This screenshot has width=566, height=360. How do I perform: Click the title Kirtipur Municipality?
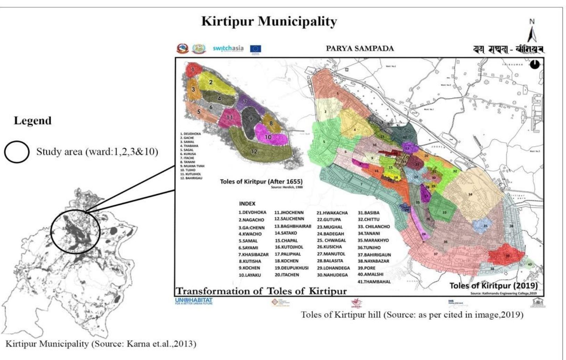tap(269, 22)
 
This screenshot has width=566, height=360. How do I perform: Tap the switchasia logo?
tap(228, 48)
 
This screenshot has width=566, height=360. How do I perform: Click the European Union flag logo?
tap(256, 49)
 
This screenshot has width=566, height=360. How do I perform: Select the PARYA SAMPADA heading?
tap(359, 49)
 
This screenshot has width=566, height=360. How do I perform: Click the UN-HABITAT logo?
tap(194, 301)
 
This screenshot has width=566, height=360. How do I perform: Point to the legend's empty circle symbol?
tap(16, 152)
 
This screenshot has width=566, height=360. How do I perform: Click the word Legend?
tap(32, 121)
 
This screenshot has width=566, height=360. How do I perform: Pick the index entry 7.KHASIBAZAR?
tap(253, 254)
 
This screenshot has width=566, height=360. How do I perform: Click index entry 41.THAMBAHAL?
tap(374, 282)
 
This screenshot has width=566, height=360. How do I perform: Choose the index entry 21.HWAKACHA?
tap(332, 213)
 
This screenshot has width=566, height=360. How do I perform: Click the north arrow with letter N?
tap(532, 31)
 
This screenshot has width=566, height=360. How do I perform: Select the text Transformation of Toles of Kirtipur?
tap(261, 291)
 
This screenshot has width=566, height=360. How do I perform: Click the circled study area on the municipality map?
tap(75, 231)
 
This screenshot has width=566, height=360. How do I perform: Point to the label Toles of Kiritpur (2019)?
tap(493, 286)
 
